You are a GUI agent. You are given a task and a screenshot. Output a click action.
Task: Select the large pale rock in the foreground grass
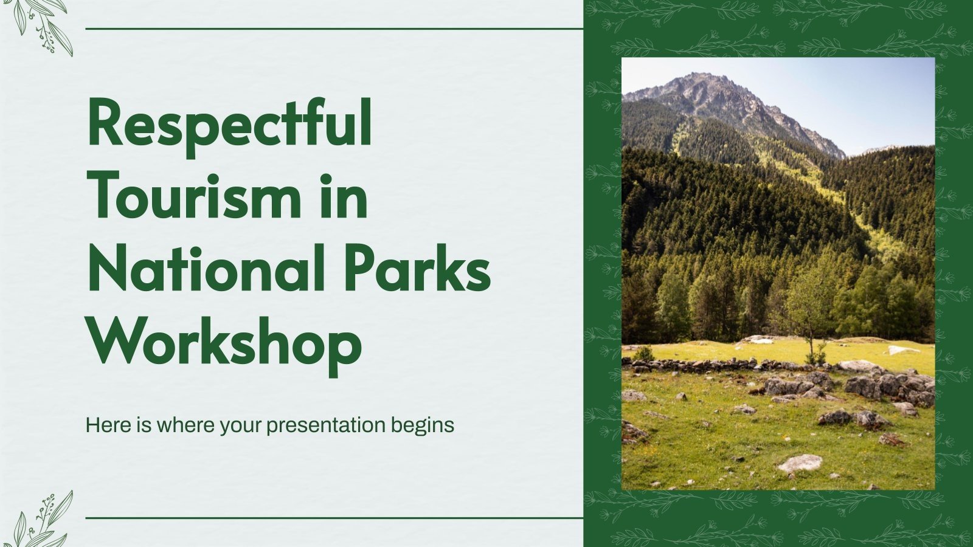[800, 464]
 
